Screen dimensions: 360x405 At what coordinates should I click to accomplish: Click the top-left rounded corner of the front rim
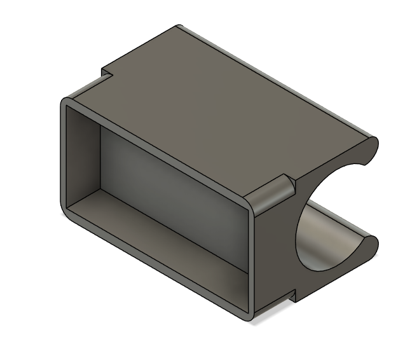pyautogui.click(x=66, y=103)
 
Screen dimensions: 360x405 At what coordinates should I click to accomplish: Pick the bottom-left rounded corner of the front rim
pyautogui.click(x=66, y=216)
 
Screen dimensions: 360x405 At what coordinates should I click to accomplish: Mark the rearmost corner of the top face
pyautogui.click(x=179, y=27)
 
